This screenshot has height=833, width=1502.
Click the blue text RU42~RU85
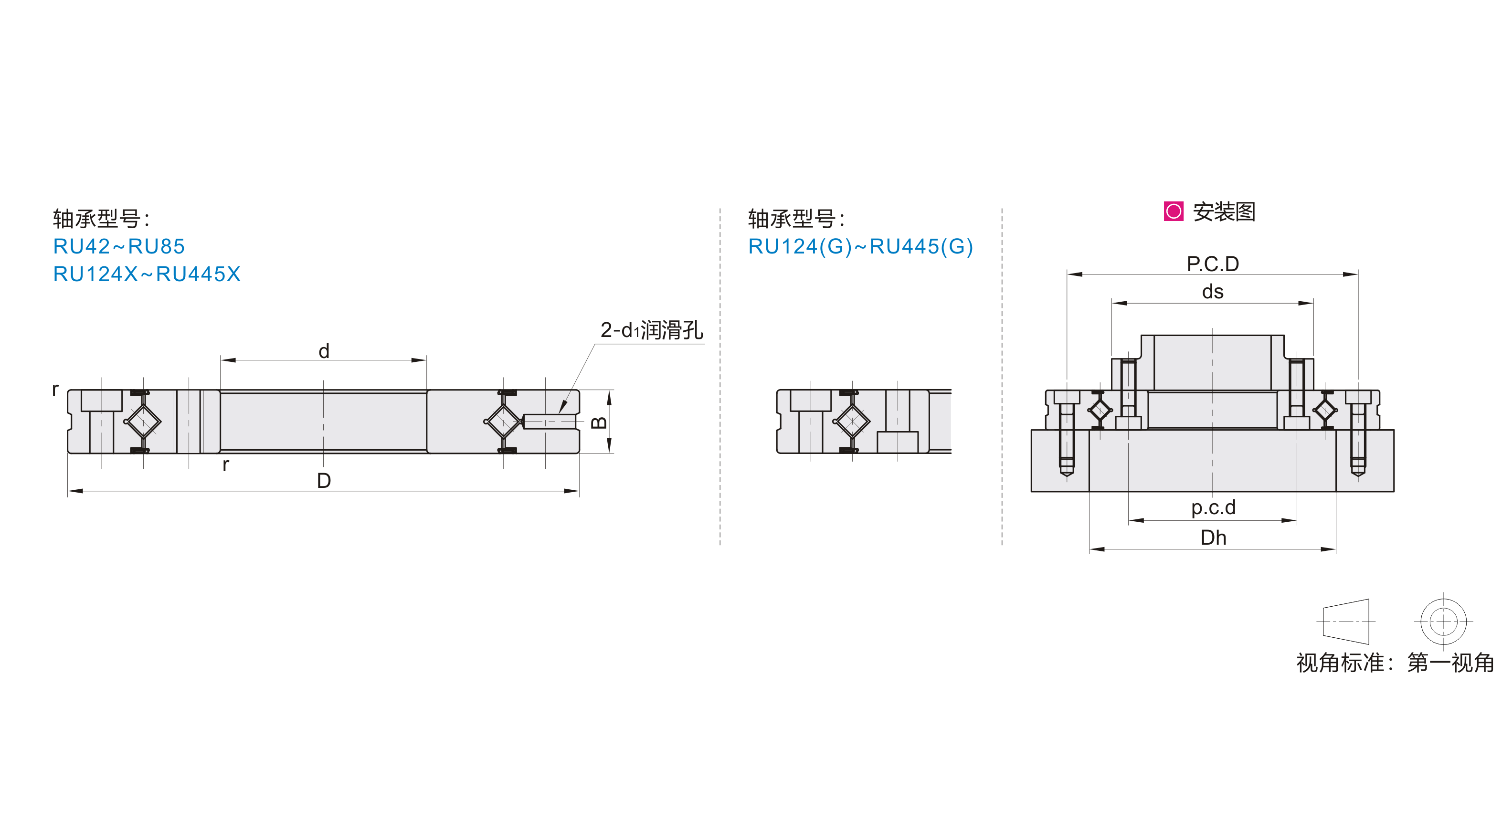click(119, 247)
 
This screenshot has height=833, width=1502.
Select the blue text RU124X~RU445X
click(147, 274)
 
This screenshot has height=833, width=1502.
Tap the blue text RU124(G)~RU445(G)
click(861, 247)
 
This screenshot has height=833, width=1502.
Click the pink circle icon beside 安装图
click(1173, 211)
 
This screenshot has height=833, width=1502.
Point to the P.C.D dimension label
click(1213, 264)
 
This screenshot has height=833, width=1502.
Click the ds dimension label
click(1213, 292)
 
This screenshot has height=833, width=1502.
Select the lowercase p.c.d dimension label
click(1213, 508)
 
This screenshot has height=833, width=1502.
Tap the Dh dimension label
click(1213, 538)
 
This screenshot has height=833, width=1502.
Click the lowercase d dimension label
click(324, 351)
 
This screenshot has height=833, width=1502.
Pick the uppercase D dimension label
click(324, 481)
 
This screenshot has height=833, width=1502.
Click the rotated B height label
click(599, 422)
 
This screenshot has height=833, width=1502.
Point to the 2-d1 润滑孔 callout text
click(651, 330)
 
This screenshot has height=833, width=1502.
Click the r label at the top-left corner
click(55, 390)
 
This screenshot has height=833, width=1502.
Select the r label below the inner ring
click(226, 464)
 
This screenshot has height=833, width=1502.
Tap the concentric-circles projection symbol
click(1443, 622)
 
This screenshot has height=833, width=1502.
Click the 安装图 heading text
click(1224, 211)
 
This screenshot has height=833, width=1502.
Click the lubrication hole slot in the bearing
click(548, 421)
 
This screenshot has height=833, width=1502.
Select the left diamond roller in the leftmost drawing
click(143, 421)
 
